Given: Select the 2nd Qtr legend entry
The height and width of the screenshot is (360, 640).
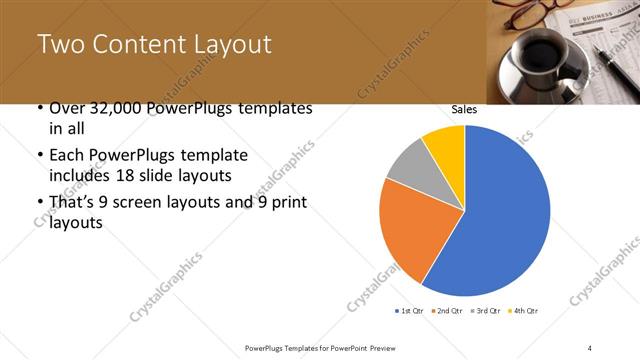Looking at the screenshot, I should point(447,312).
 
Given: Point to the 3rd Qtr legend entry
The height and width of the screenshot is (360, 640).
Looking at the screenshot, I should point(483,312).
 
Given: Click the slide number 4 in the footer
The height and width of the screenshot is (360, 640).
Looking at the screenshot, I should point(590,347).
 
